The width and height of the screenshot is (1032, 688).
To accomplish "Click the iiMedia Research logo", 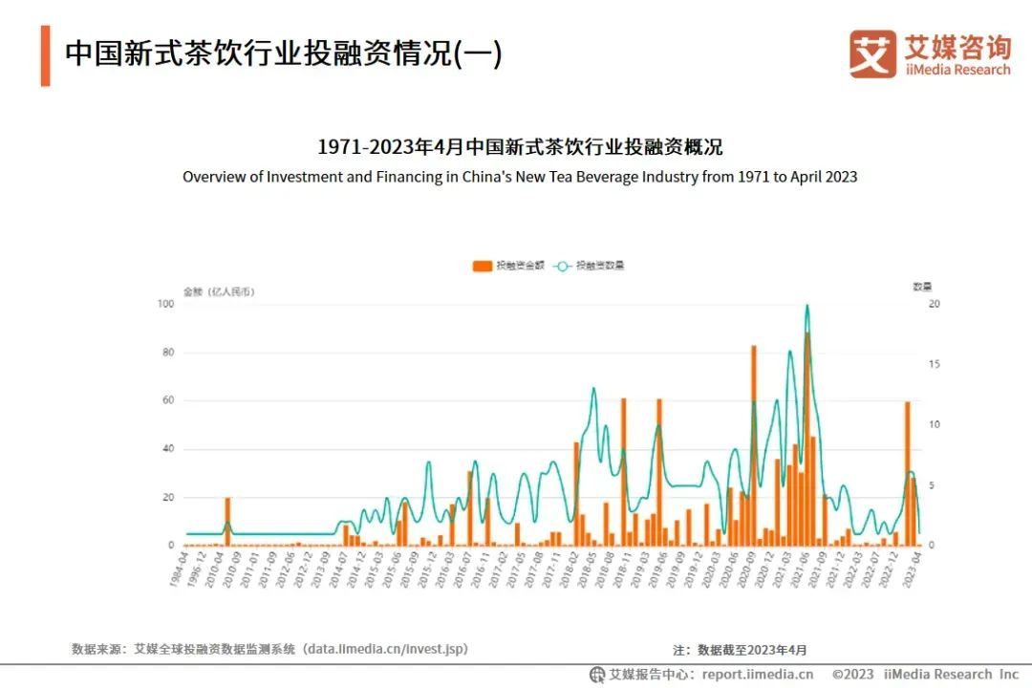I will pos(929,54).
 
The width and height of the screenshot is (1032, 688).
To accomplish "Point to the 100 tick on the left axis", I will pos(165,304).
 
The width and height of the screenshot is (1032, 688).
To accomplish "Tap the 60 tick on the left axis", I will pos(167,400).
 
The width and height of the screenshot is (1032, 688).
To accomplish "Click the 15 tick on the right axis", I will pos(934,364).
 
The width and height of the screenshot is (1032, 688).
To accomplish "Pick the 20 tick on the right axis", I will pos(934,304).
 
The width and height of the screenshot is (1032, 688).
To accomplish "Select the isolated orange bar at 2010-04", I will pos(227,521).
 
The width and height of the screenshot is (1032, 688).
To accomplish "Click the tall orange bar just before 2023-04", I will pos(907,473).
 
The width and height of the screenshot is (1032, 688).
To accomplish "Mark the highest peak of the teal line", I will pos(807,306).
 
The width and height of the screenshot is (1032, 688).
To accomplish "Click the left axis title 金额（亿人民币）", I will pos(219,290).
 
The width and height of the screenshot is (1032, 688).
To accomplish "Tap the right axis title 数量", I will pos(921,287).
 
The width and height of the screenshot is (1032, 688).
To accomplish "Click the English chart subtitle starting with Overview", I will pos(520,177).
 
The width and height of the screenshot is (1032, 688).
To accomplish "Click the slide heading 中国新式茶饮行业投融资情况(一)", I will pos(283,54).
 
